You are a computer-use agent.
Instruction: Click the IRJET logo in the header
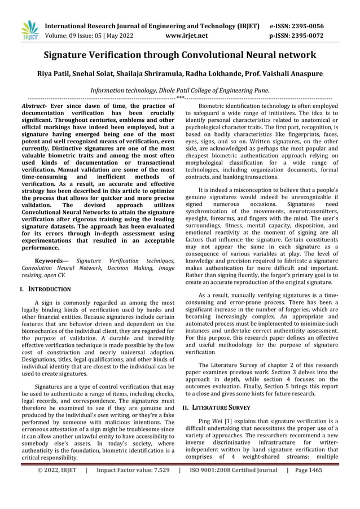pos(28,30)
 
